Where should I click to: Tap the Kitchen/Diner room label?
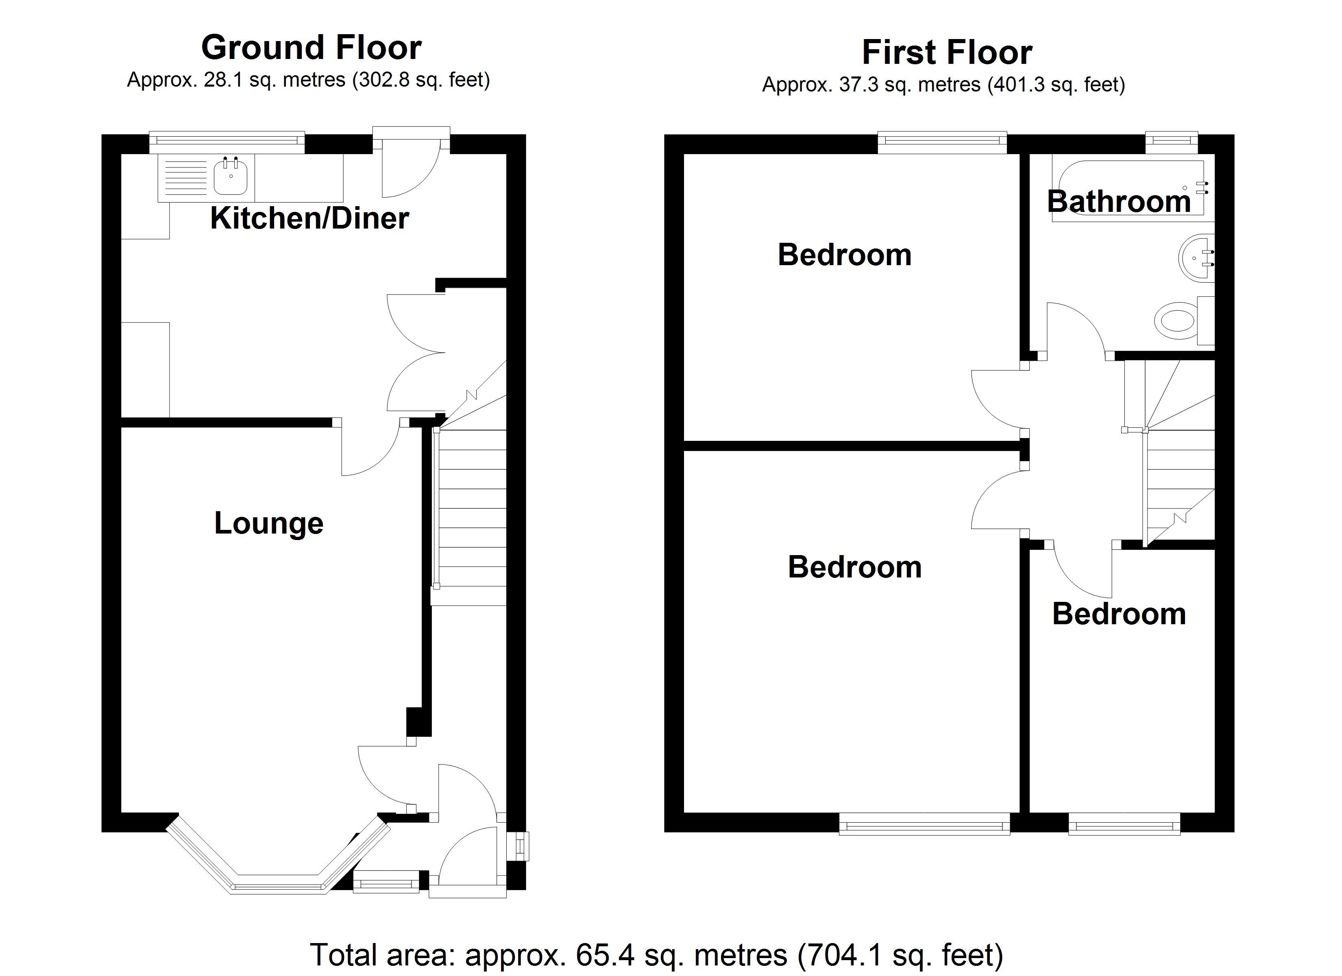[x=309, y=218]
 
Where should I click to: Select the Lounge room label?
[x=269, y=523]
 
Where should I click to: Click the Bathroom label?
[x=1118, y=201]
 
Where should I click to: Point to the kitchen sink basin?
[x=230, y=176]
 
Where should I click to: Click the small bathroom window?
[x=1172, y=140]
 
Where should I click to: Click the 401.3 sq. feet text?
[x=1056, y=85]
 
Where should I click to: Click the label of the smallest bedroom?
[x=1119, y=614]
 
